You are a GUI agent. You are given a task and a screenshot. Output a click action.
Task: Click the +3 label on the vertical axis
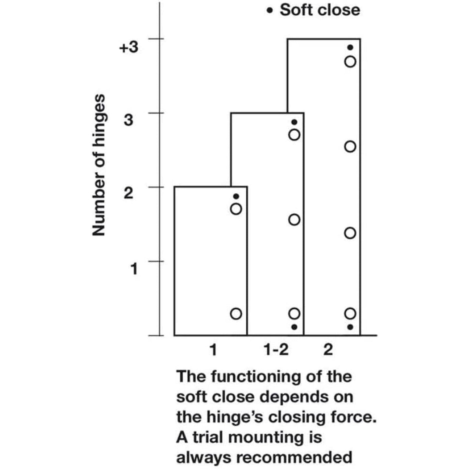point(129,47)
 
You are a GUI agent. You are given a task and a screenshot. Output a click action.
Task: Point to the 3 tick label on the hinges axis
point(129,120)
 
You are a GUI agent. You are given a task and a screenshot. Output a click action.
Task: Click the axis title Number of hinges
point(99,165)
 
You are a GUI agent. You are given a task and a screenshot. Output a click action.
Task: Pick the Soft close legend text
point(320,10)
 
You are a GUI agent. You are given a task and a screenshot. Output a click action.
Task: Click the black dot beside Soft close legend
point(269,11)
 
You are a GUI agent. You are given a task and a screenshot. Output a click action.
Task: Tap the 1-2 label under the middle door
point(276,350)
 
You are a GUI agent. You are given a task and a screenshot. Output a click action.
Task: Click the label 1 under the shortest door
point(213,350)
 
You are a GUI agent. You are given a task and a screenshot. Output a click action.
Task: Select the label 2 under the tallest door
point(328,350)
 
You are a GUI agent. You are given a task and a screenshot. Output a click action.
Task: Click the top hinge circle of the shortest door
point(236,209)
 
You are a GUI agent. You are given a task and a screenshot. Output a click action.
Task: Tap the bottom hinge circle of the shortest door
point(236,314)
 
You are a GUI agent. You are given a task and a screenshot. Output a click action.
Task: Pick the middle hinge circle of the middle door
point(294,220)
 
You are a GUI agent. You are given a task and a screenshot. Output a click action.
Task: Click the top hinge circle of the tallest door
point(350,62)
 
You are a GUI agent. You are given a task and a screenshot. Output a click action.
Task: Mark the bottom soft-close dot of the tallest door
point(350,327)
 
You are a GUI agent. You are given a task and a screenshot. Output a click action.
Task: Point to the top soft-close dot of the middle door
point(294,122)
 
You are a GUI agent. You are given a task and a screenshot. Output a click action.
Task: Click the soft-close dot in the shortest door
point(236,196)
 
